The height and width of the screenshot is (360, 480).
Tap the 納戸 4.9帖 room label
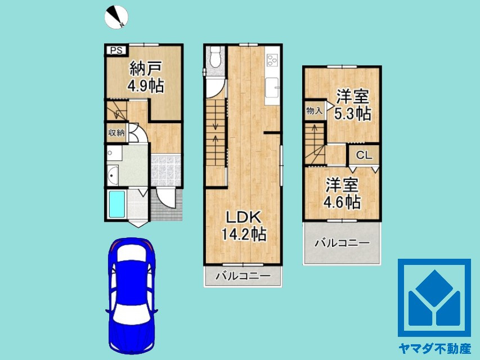tap(145, 77)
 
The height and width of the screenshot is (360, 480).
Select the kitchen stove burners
tap(273, 60)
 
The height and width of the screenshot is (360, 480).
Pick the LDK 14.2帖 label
tap(244, 225)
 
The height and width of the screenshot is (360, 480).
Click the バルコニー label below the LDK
tap(243, 276)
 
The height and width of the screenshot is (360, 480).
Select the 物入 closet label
tap(314, 111)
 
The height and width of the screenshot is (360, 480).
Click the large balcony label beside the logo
tap(341, 243)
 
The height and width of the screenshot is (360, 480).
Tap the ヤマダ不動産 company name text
tap(433, 349)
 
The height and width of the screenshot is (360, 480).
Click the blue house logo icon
tap(434, 298)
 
